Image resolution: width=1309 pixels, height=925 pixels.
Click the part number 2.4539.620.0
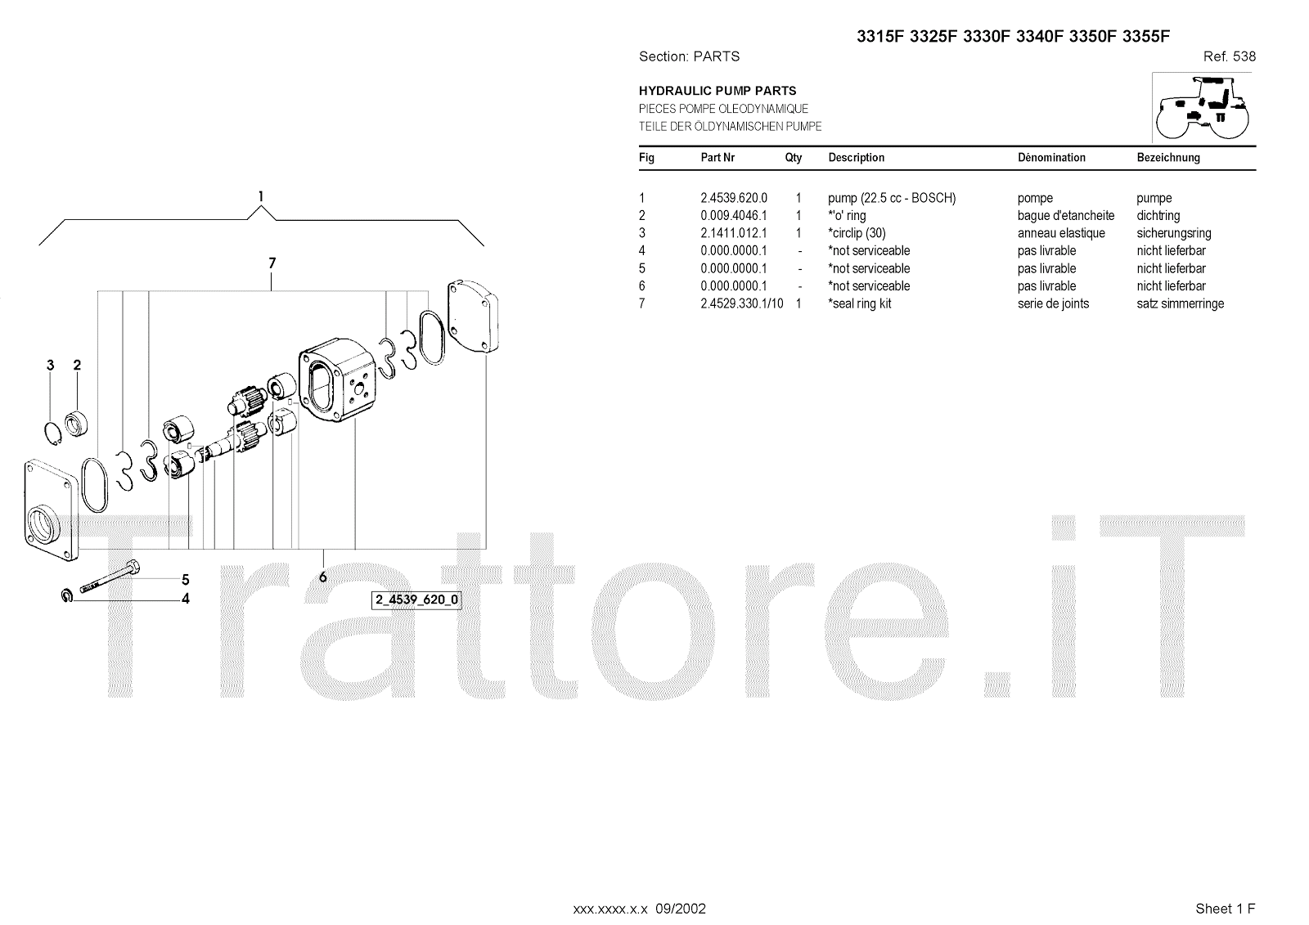click(734, 198)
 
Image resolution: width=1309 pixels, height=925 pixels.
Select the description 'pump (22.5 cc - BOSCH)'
click(892, 198)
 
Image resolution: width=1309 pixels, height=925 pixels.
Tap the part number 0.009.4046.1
click(734, 216)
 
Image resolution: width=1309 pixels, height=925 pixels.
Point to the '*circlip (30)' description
click(857, 233)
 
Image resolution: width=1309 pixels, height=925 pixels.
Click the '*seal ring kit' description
click(859, 303)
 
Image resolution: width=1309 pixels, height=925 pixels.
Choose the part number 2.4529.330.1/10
click(741, 303)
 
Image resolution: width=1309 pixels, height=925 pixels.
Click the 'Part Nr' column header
click(717, 158)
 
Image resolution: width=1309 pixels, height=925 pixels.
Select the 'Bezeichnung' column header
click(1168, 158)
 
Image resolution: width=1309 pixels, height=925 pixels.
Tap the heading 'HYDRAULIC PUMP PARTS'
click(717, 91)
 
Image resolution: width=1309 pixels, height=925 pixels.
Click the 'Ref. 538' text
click(1229, 56)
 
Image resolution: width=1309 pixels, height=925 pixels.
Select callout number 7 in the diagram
click(272, 263)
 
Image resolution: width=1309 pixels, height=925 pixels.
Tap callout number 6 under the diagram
click(323, 577)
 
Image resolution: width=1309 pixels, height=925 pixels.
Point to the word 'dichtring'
click(1158, 216)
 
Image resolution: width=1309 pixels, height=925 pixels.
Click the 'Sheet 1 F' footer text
click(1225, 909)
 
